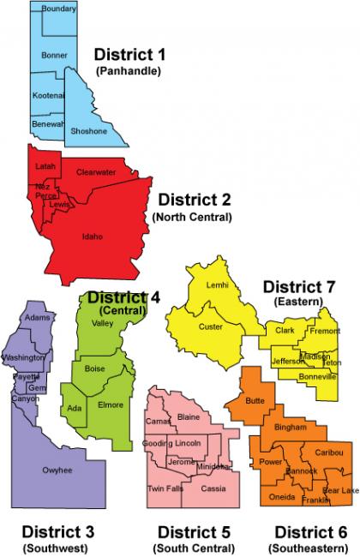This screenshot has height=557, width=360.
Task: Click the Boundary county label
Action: tap(58, 9)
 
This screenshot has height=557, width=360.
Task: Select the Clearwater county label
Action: tap(96, 171)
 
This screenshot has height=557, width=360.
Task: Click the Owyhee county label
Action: tap(57, 470)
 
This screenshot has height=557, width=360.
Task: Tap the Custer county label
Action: tap(211, 326)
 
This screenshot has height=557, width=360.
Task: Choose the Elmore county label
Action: tap(111, 404)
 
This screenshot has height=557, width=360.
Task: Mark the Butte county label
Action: tap(255, 400)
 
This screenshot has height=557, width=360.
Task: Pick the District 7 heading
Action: tap(297, 285)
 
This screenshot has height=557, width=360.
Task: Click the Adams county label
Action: tap(38, 318)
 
